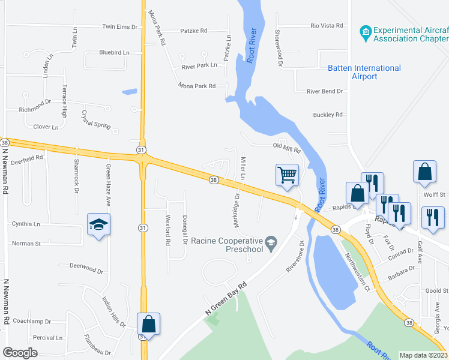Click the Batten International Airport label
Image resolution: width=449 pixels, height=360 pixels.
click(364, 72)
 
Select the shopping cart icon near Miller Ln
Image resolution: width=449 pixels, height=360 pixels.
click(287, 175)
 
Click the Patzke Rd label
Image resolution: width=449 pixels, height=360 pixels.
click(193, 31)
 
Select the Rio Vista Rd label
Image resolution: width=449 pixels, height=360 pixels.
click(327, 26)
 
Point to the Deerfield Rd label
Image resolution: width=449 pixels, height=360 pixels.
click(26, 157)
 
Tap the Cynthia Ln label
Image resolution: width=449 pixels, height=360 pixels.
click(25, 224)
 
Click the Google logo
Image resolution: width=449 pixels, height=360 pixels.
click(20, 353)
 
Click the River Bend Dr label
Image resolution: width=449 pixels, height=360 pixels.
click(324, 91)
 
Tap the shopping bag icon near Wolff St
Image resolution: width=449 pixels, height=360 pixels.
click(424, 171)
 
